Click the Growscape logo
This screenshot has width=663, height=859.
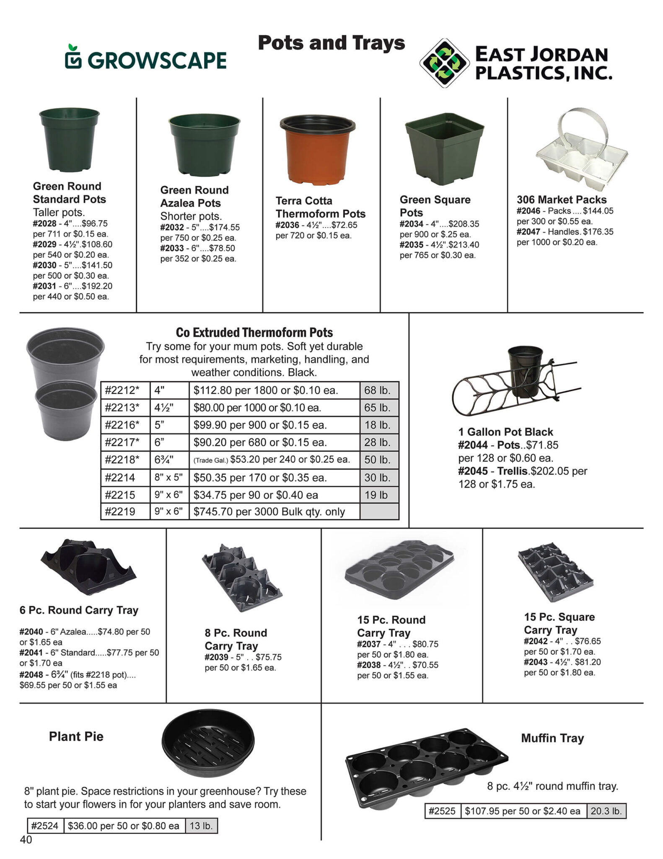[146, 58]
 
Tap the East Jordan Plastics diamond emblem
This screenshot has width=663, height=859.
[444, 63]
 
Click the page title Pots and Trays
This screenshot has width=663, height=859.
[331, 43]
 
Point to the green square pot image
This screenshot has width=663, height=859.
[444, 147]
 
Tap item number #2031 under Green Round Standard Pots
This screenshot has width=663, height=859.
[44, 286]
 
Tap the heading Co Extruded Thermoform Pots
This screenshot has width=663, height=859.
[254, 333]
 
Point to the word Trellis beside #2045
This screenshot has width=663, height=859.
[513, 471]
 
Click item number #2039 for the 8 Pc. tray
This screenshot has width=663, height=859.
[216, 657]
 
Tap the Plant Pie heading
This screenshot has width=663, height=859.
[76, 737]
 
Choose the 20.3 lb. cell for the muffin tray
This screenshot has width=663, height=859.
[606, 811]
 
